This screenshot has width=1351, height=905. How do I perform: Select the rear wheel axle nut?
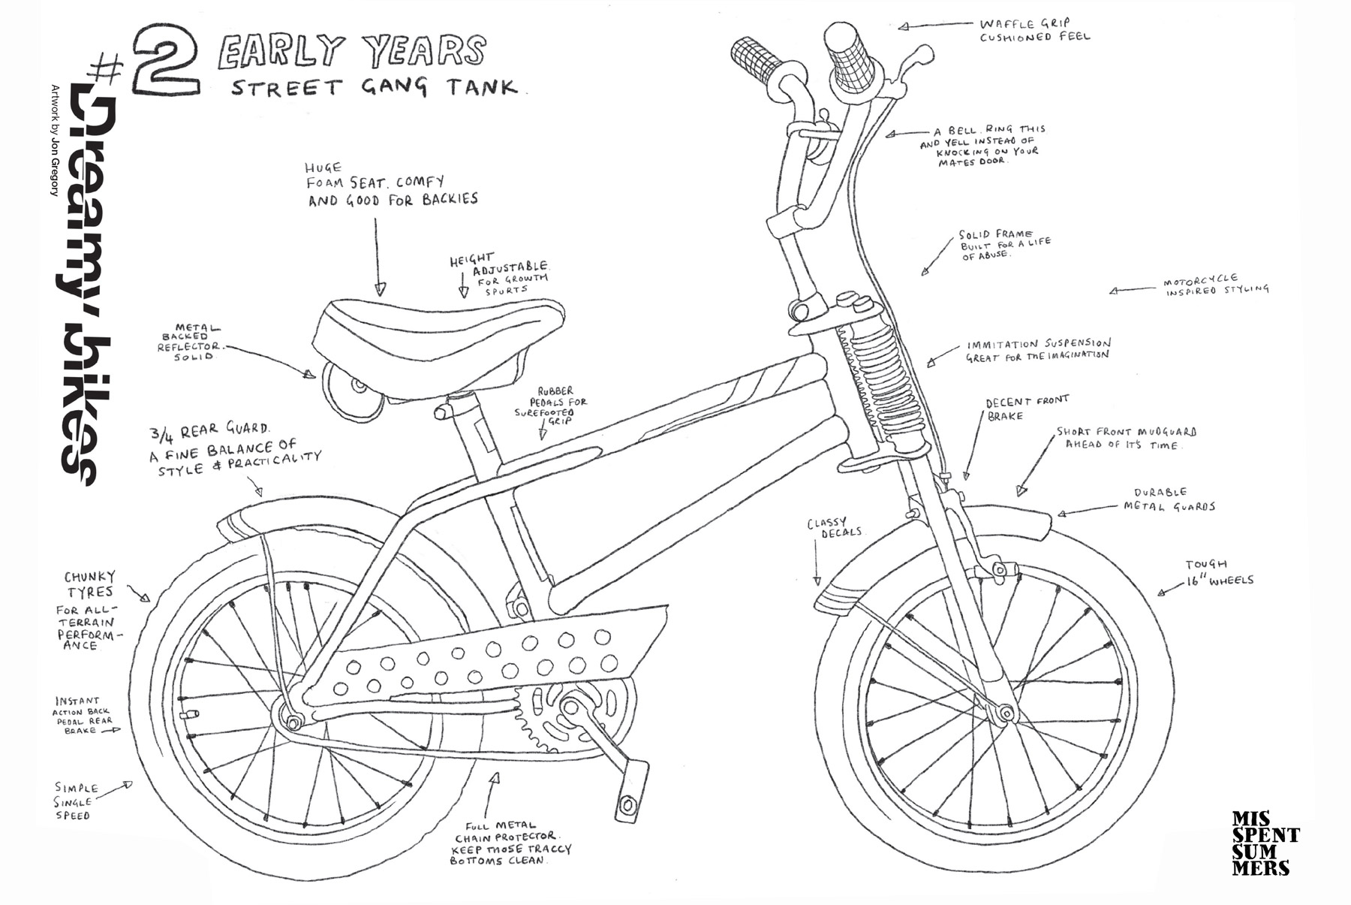(293, 722)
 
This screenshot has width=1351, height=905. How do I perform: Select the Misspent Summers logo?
(1265, 842)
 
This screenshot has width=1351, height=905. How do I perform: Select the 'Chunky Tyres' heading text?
(90, 584)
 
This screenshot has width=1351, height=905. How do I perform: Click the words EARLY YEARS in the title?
(351, 53)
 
